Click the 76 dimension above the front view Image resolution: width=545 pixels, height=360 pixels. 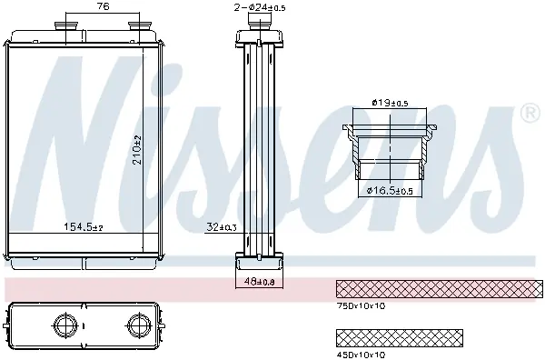click(103, 6)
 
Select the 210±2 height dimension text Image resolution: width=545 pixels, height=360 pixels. click(138, 150)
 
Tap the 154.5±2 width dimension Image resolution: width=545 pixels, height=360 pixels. click(84, 227)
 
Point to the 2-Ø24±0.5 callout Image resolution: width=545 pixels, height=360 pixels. click(260, 7)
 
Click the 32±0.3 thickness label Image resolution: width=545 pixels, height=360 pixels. click(222, 227)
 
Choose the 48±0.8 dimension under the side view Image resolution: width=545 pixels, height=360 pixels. click(259, 282)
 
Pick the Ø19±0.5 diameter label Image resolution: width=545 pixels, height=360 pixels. click(390, 103)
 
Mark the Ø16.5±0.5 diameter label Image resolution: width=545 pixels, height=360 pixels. click(390, 191)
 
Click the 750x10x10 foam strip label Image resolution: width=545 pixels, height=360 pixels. click(361, 306)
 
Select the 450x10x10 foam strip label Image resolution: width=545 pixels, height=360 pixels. click(361, 355)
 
